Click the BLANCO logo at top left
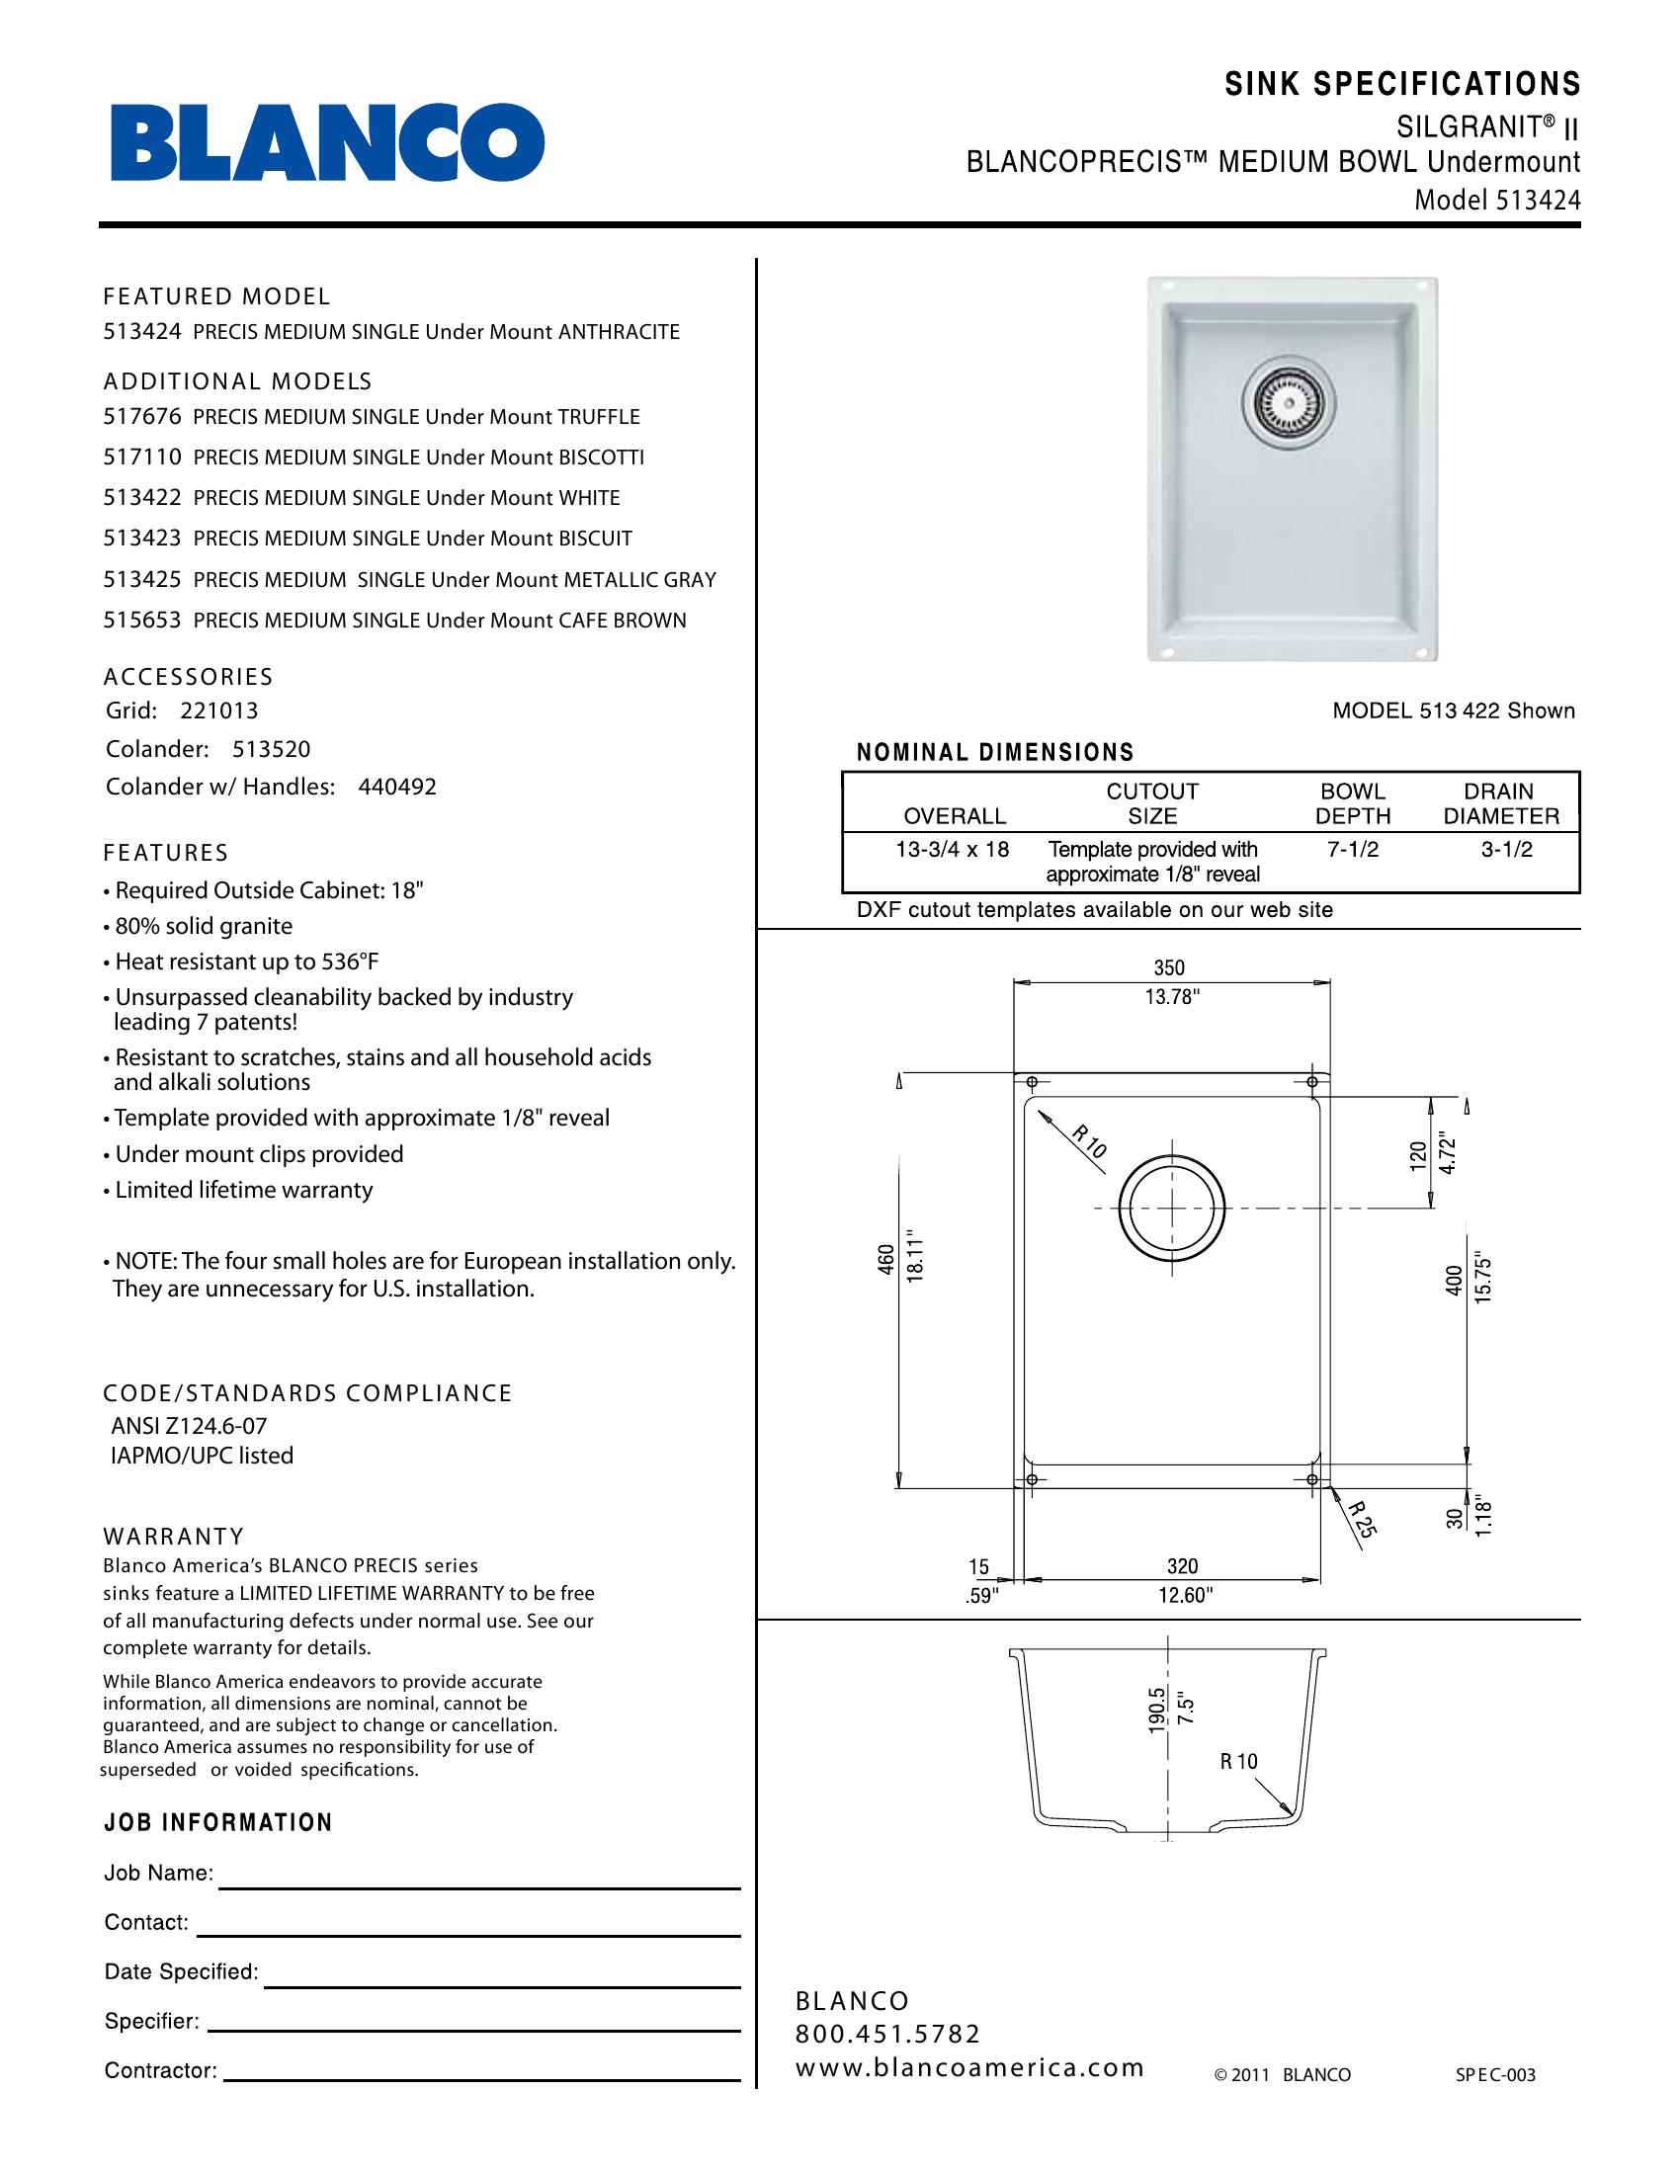point(327,143)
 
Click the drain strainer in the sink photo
point(1288,402)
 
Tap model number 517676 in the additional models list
point(142,417)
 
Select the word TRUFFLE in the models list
point(598,417)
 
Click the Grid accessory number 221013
point(219,711)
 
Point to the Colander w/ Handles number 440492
point(397,788)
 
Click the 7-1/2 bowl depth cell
point(1353,849)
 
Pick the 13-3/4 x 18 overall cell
point(954,849)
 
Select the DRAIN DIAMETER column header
point(1500,804)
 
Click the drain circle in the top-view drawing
point(1171,1209)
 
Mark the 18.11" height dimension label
point(917,1261)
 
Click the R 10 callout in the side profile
point(1239,1761)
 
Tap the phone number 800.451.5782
point(887,2033)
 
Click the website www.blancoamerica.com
point(969,2067)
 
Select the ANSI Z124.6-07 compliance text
point(189,1426)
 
